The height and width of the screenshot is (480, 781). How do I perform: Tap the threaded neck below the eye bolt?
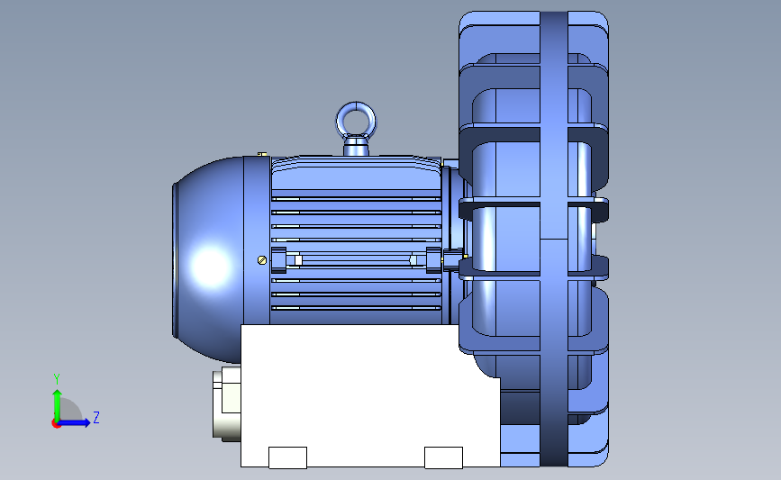point(356,148)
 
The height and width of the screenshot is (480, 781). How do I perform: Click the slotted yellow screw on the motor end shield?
point(262,260)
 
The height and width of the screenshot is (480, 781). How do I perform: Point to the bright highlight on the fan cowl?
point(211,266)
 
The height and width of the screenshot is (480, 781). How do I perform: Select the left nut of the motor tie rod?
point(279,260)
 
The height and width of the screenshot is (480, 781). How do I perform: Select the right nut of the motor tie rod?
point(433,260)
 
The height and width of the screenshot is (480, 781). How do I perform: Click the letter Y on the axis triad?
point(57,379)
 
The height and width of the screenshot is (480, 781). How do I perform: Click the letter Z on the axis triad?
point(96,417)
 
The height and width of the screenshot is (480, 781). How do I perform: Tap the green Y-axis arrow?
point(58,406)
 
